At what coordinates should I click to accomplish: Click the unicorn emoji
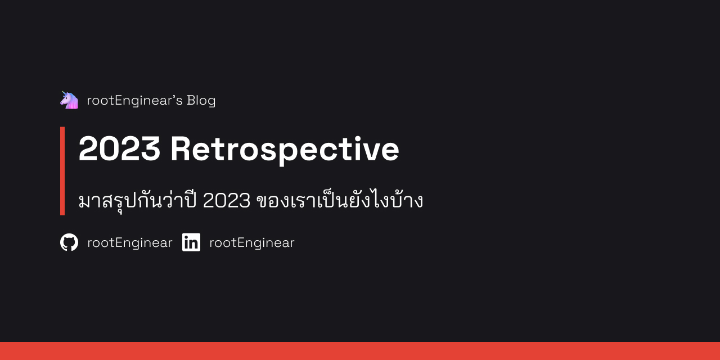click(69, 100)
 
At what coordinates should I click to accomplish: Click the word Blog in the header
click(201, 100)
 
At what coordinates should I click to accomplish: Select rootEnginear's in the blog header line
click(134, 100)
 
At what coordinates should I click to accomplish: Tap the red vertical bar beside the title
click(62, 170)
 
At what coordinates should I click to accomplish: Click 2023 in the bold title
click(119, 149)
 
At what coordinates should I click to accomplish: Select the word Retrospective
click(285, 149)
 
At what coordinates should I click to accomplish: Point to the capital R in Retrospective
click(181, 149)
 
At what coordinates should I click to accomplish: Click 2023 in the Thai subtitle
click(226, 200)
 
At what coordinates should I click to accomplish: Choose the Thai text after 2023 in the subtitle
click(339, 200)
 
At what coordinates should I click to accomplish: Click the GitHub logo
click(69, 242)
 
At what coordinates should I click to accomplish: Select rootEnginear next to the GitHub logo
click(129, 242)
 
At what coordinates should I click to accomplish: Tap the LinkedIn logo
click(191, 242)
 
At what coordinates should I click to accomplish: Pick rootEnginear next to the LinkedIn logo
click(251, 242)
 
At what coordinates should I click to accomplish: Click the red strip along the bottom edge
click(360, 351)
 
